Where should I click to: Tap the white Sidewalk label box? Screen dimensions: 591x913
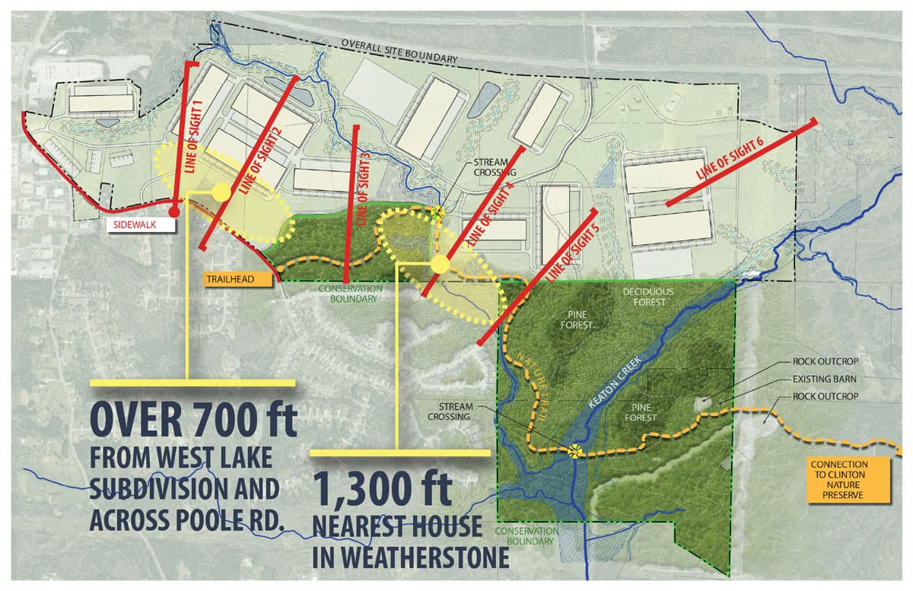(x=135, y=226)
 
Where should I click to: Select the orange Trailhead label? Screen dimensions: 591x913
(x=237, y=279)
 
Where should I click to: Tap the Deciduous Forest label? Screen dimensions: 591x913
(x=644, y=297)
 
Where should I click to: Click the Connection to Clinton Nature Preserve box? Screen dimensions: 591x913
(x=848, y=479)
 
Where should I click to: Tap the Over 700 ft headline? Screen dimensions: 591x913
(x=193, y=418)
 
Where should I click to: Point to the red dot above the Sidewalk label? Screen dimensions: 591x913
(x=173, y=212)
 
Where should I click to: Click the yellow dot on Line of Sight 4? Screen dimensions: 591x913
(x=440, y=264)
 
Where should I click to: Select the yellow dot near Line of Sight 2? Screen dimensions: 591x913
(x=221, y=192)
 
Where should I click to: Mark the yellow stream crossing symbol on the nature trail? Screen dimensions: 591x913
(x=574, y=450)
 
